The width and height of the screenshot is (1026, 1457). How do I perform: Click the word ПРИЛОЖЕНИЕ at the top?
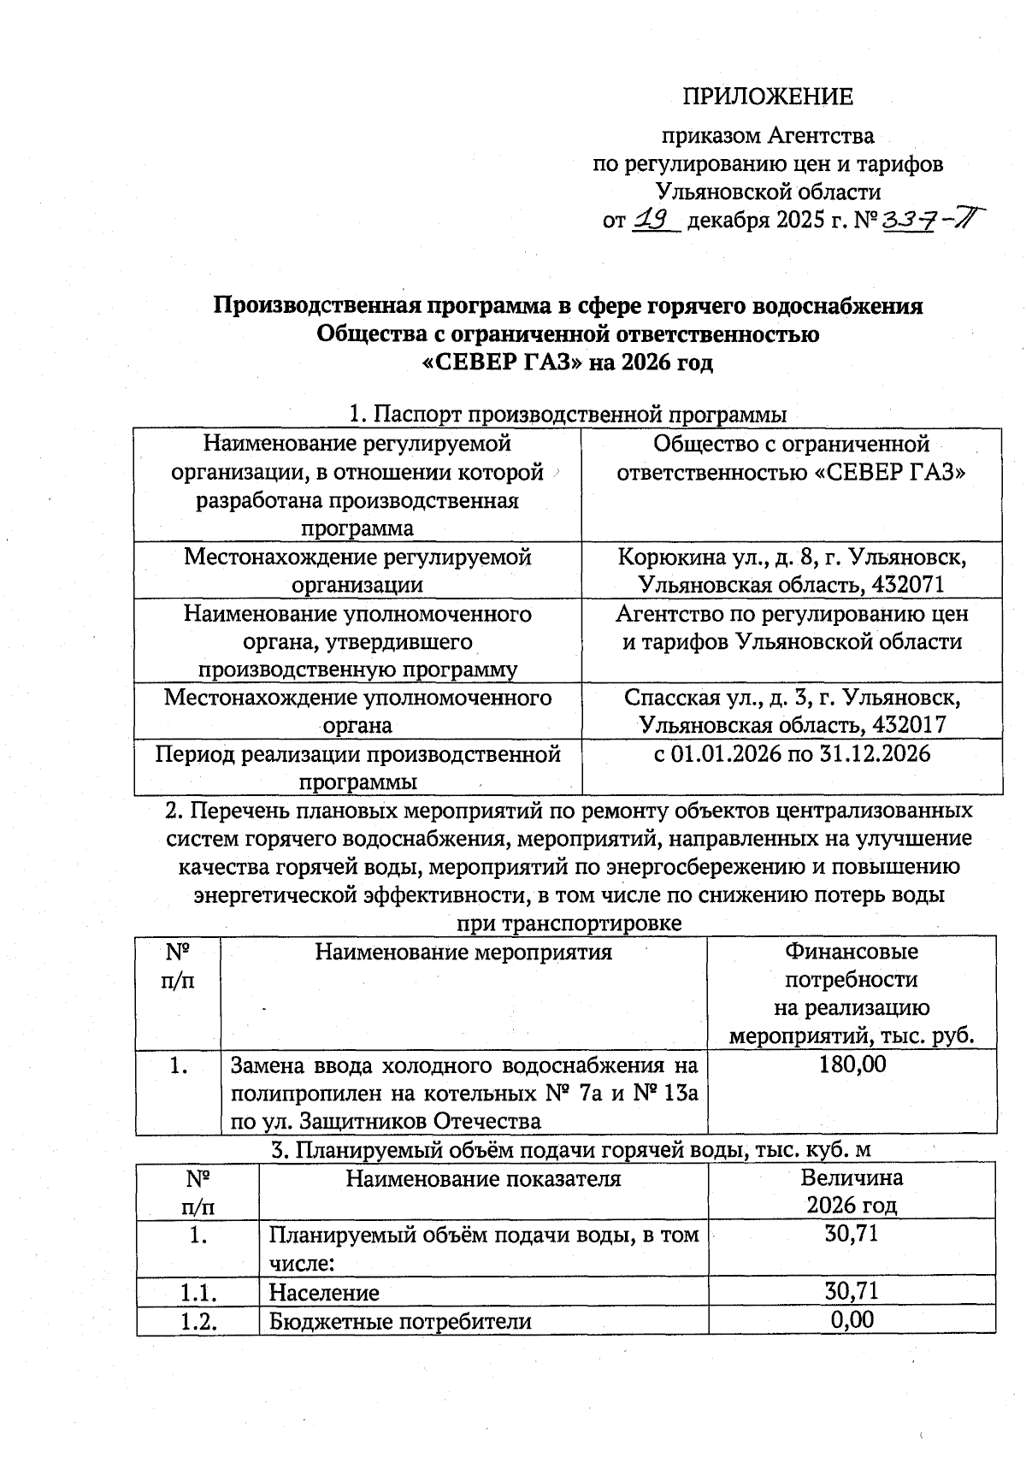pos(767,97)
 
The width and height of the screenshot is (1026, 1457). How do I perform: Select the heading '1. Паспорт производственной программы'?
pos(568,415)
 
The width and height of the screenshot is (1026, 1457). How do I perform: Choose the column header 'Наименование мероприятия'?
pos(463,953)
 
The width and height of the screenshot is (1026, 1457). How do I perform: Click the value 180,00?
pos(852,1065)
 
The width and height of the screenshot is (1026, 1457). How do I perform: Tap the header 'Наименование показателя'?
pos(483,1179)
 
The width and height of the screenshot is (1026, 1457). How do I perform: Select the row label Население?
pos(324,1292)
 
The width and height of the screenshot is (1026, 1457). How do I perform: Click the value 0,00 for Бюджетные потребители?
pos(852,1319)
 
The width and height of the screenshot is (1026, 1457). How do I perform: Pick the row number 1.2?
pos(198,1321)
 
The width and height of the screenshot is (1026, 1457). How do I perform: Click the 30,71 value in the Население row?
pos(852,1290)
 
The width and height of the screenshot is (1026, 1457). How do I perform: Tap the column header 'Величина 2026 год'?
pos(852,1191)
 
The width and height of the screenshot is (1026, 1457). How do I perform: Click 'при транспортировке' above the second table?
pos(569,924)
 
